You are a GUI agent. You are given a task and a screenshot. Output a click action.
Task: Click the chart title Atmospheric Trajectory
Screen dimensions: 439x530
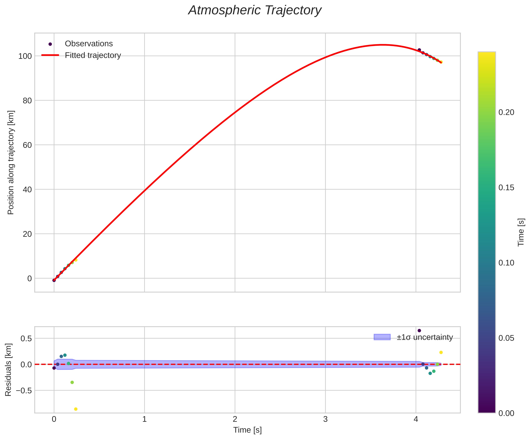255,11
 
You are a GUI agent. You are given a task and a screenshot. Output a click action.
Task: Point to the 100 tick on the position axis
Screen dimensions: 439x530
25,56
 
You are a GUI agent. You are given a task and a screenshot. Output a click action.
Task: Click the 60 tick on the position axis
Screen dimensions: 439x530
27,145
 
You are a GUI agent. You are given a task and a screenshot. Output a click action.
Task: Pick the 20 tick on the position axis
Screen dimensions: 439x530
27,234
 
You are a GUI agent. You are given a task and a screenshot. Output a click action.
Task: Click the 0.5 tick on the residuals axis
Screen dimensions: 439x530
26,339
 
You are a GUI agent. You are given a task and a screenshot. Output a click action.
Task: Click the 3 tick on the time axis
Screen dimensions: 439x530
325,419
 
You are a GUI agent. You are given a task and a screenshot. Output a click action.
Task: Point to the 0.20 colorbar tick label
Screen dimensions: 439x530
506,112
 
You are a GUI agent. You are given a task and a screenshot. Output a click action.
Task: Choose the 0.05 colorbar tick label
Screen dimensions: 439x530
506,338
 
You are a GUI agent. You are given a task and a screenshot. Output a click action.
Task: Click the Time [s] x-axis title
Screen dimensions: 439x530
247,430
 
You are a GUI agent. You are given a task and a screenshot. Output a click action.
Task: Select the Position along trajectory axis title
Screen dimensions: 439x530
11,163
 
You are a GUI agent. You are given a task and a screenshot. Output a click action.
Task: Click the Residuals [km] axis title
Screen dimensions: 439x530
8,369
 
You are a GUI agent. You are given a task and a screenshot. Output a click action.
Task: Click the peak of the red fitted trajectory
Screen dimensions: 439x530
383,45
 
